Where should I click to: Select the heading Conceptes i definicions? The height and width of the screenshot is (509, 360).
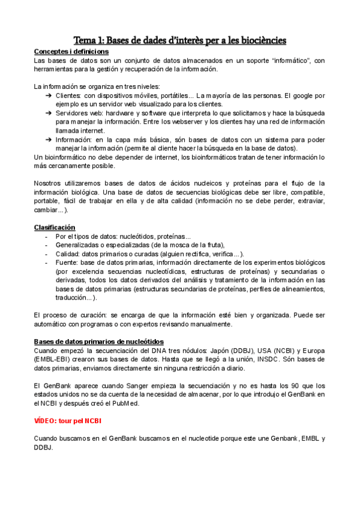(x=71, y=52)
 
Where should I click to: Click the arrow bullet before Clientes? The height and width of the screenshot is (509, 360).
(x=49, y=95)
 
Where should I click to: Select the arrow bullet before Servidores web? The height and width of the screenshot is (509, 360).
(x=49, y=113)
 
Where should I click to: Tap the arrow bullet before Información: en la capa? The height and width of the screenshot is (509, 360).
(x=49, y=139)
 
